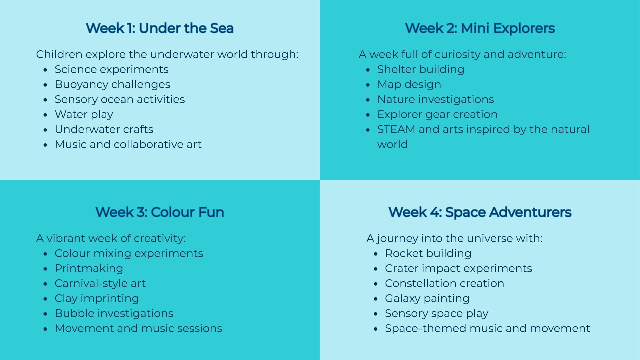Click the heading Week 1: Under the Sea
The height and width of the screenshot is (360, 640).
pos(159,28)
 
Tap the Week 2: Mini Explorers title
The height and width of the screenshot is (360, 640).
pos(480,28)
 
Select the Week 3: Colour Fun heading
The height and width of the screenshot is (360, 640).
pos(159,212)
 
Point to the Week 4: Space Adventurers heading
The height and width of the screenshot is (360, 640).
pos(480,212)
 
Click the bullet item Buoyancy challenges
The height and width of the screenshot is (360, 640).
pos(112,84)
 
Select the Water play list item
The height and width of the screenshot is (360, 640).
pos(84,114)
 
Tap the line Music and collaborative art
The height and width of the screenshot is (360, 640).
pos(128,144)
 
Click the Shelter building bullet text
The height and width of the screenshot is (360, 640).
pos(420,69)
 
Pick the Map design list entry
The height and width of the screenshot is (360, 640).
pos(409,84)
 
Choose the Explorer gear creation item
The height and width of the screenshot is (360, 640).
pos(437,114)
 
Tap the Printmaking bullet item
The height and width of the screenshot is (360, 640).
pos(89,268)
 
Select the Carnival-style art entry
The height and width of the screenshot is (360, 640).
pos(100,283)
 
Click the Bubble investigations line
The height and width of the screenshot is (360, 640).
pos(114,313)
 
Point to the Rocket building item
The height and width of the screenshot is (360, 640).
pos(428,253)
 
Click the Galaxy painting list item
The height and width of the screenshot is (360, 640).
pos(427,298)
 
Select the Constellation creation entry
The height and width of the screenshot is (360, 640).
pos(444,283)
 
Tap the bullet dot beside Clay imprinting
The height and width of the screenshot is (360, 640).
pos(45,299)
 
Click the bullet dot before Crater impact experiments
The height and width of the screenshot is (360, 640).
pos(376,269)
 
